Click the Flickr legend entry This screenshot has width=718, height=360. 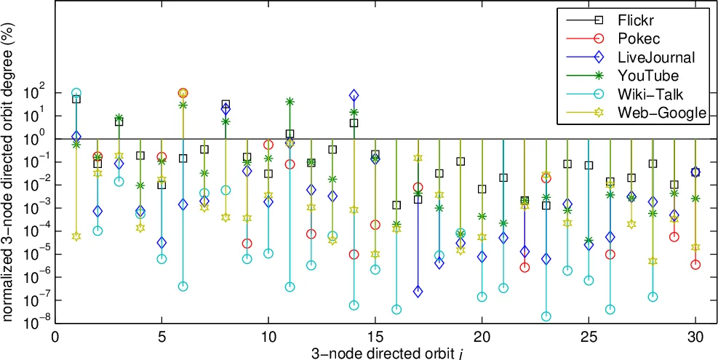coord(635,20)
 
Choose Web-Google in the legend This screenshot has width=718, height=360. coord(661,112)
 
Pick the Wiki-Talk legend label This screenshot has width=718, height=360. coord(650,94)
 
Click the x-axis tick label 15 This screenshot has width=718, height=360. coord(375,338)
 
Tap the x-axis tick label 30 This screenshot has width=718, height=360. coord(695,338)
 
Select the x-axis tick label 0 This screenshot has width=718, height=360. coord(55,338)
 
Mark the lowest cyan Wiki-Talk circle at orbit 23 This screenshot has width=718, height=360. coord(546,316)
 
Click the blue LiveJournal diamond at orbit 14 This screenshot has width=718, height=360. coord(354,95)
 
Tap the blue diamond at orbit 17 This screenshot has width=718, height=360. coord(418,292)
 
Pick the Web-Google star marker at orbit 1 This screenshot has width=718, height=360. coord(76,236)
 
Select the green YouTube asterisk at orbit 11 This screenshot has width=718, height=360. coord(290,102)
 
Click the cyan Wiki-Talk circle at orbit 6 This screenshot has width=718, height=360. coord(183,286)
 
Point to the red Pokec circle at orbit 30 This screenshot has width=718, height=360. coord(695,265)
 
